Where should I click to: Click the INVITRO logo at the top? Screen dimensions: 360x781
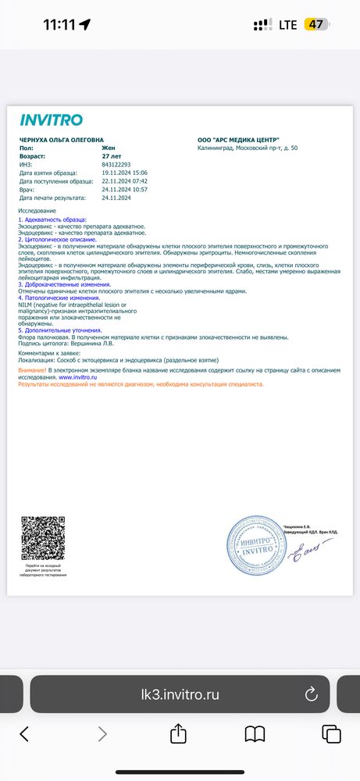(x=51, y=120)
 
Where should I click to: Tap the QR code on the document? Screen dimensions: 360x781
(x=44, y=540)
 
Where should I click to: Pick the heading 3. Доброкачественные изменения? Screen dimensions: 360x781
(x=64, y=285)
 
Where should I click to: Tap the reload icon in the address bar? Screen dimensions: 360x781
(x=311, y=693)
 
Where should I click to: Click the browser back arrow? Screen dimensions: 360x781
(x=24, y=733)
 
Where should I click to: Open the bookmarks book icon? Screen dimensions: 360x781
(x=255, y=733)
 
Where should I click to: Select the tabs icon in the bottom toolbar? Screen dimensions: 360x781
(x=331, y=733)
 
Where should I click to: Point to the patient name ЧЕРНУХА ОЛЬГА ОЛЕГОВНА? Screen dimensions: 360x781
(x=61, y=139)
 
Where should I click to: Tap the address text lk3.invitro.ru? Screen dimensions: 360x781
(x=179, y=693)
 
